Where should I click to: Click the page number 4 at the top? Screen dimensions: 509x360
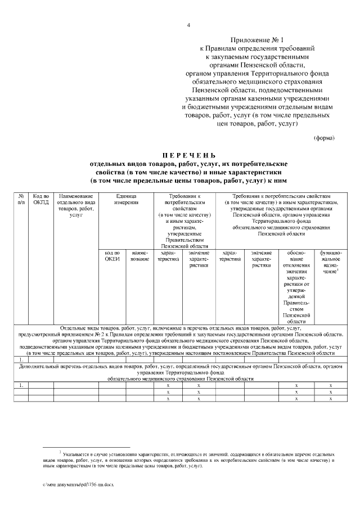188,25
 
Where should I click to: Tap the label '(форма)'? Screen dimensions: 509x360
323,138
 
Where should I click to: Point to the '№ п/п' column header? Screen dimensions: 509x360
21,199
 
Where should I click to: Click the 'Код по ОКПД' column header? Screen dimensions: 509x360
41,199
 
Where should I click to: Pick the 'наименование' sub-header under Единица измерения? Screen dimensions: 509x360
139,256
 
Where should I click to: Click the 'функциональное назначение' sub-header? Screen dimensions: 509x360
330,263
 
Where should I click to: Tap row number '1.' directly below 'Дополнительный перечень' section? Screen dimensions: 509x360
21,385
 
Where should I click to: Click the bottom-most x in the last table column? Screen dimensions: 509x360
330,399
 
